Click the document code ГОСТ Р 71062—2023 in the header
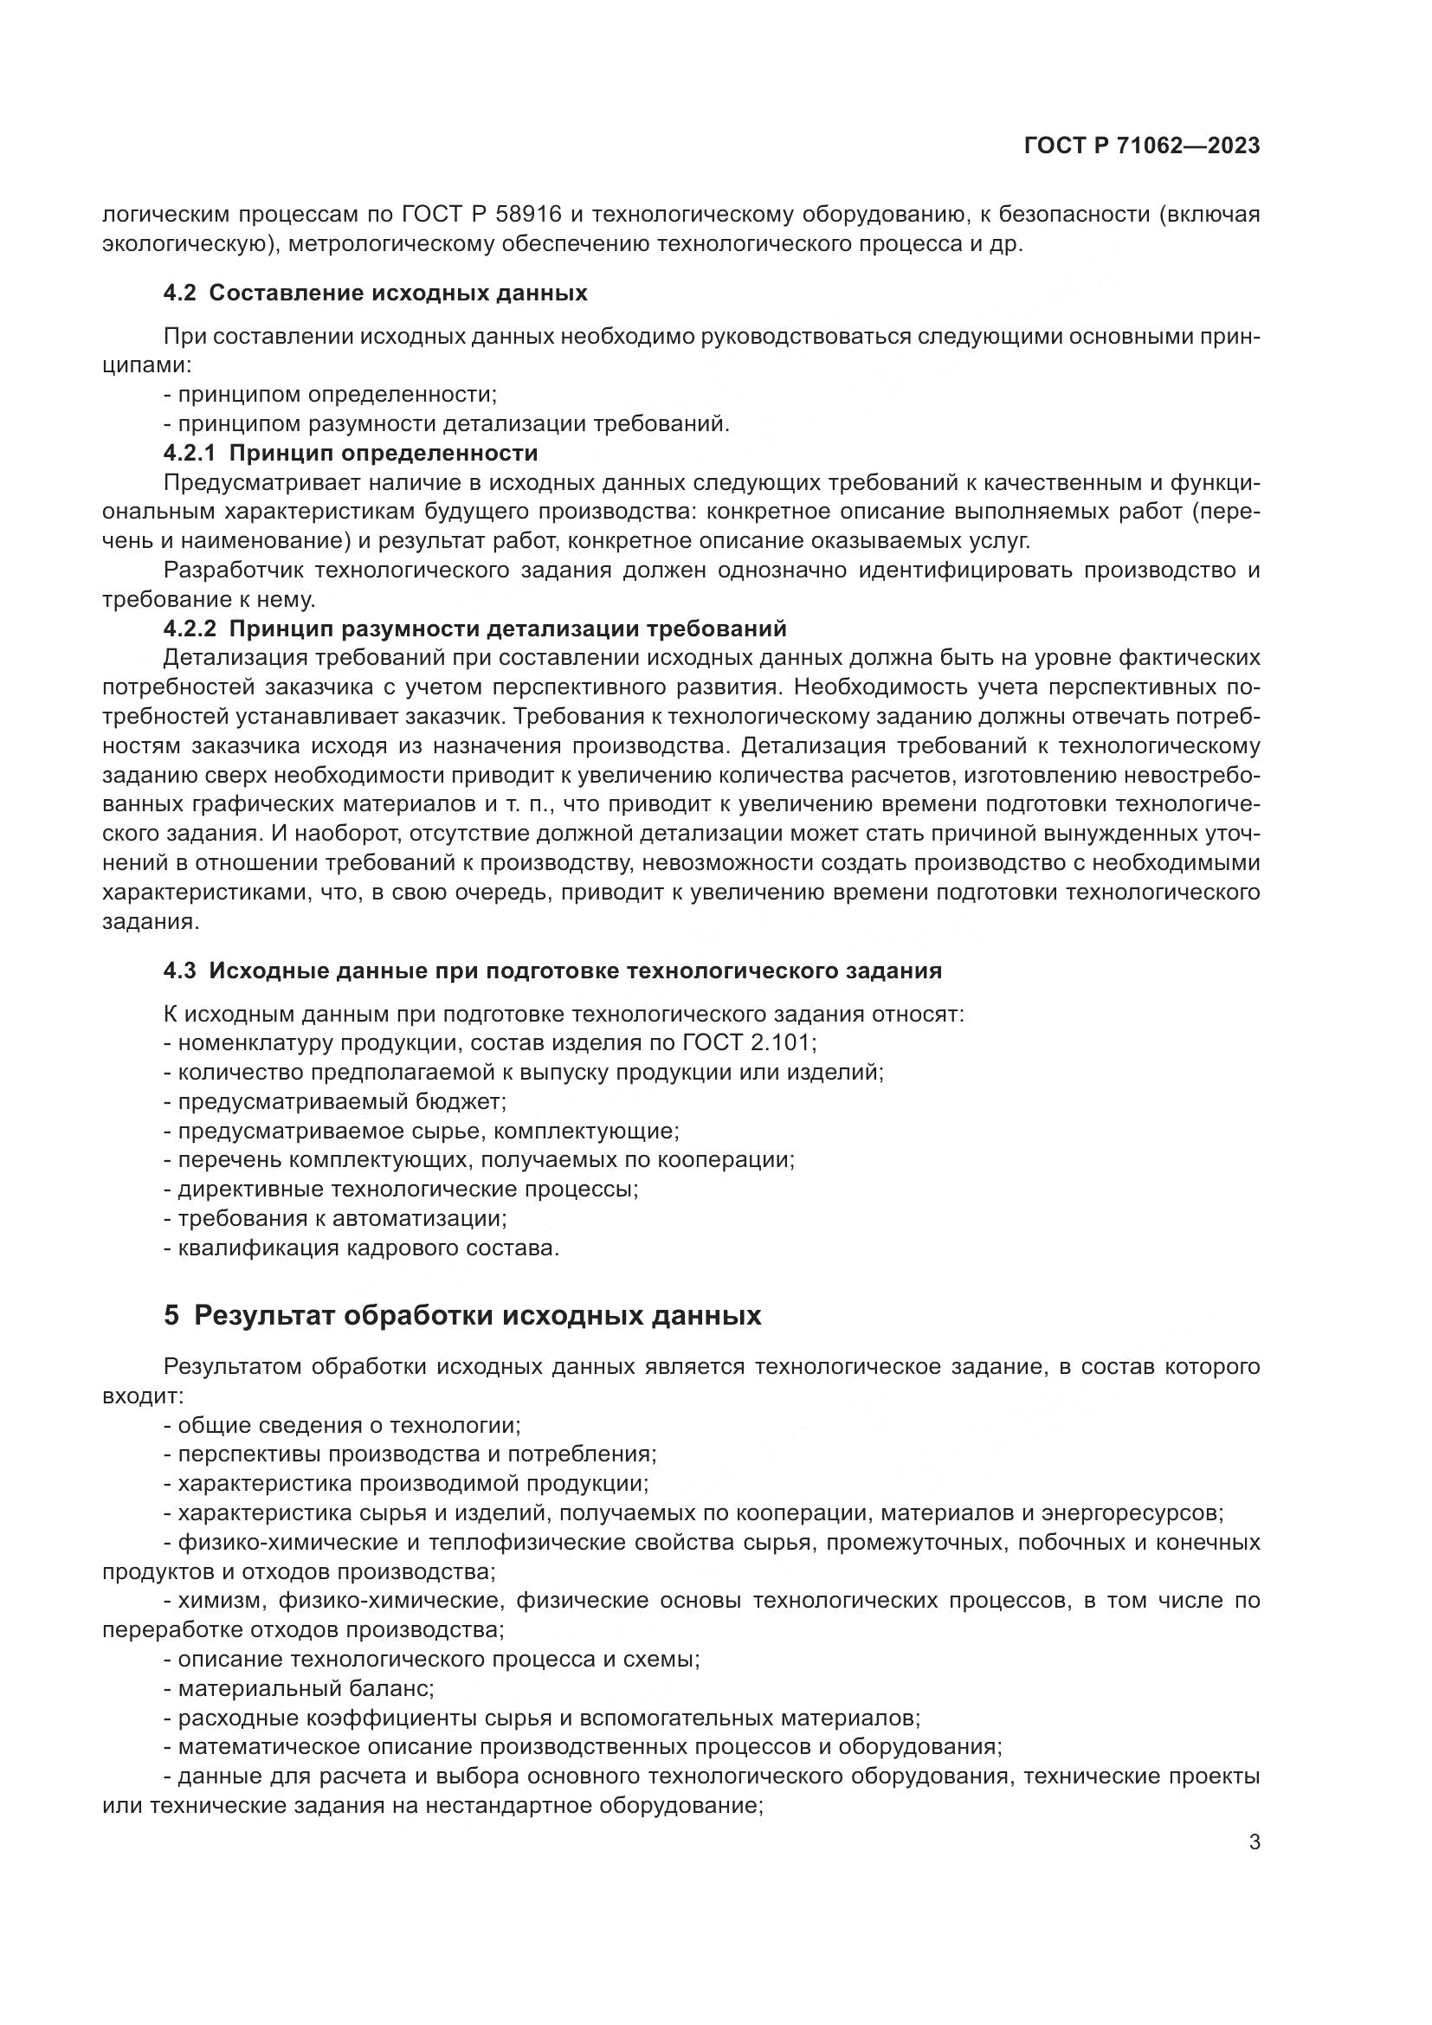1141,146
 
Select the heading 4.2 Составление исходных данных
376,293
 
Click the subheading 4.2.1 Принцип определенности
350,454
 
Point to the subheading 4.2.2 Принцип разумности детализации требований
474,629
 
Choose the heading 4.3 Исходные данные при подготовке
552,971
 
